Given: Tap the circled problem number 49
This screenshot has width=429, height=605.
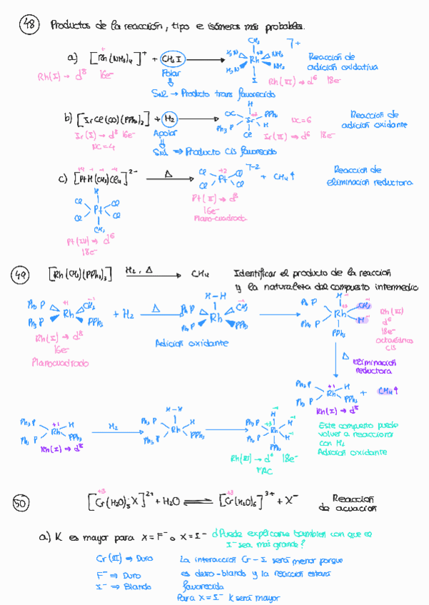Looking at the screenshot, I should point(21,274).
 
